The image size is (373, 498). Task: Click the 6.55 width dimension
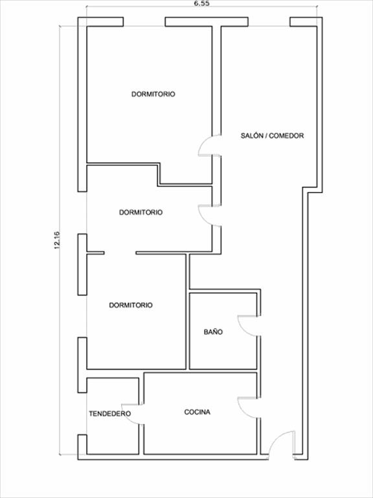point(202,3)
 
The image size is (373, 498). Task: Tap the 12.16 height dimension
point(57,240)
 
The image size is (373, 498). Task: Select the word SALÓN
point(251,136)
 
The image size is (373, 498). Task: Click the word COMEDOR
point(286,136)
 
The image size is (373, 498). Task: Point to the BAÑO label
point(213,332)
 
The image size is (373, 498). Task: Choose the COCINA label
point(198,412)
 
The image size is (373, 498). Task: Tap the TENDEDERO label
point(109,414)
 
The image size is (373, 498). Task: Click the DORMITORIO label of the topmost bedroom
point(153,94)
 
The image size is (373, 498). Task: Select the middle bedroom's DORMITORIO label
point(141,212)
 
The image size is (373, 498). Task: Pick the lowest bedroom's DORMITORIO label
point(131,305)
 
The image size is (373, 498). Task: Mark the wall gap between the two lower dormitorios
point(120,253)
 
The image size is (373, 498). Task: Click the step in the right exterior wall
point(312,189)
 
